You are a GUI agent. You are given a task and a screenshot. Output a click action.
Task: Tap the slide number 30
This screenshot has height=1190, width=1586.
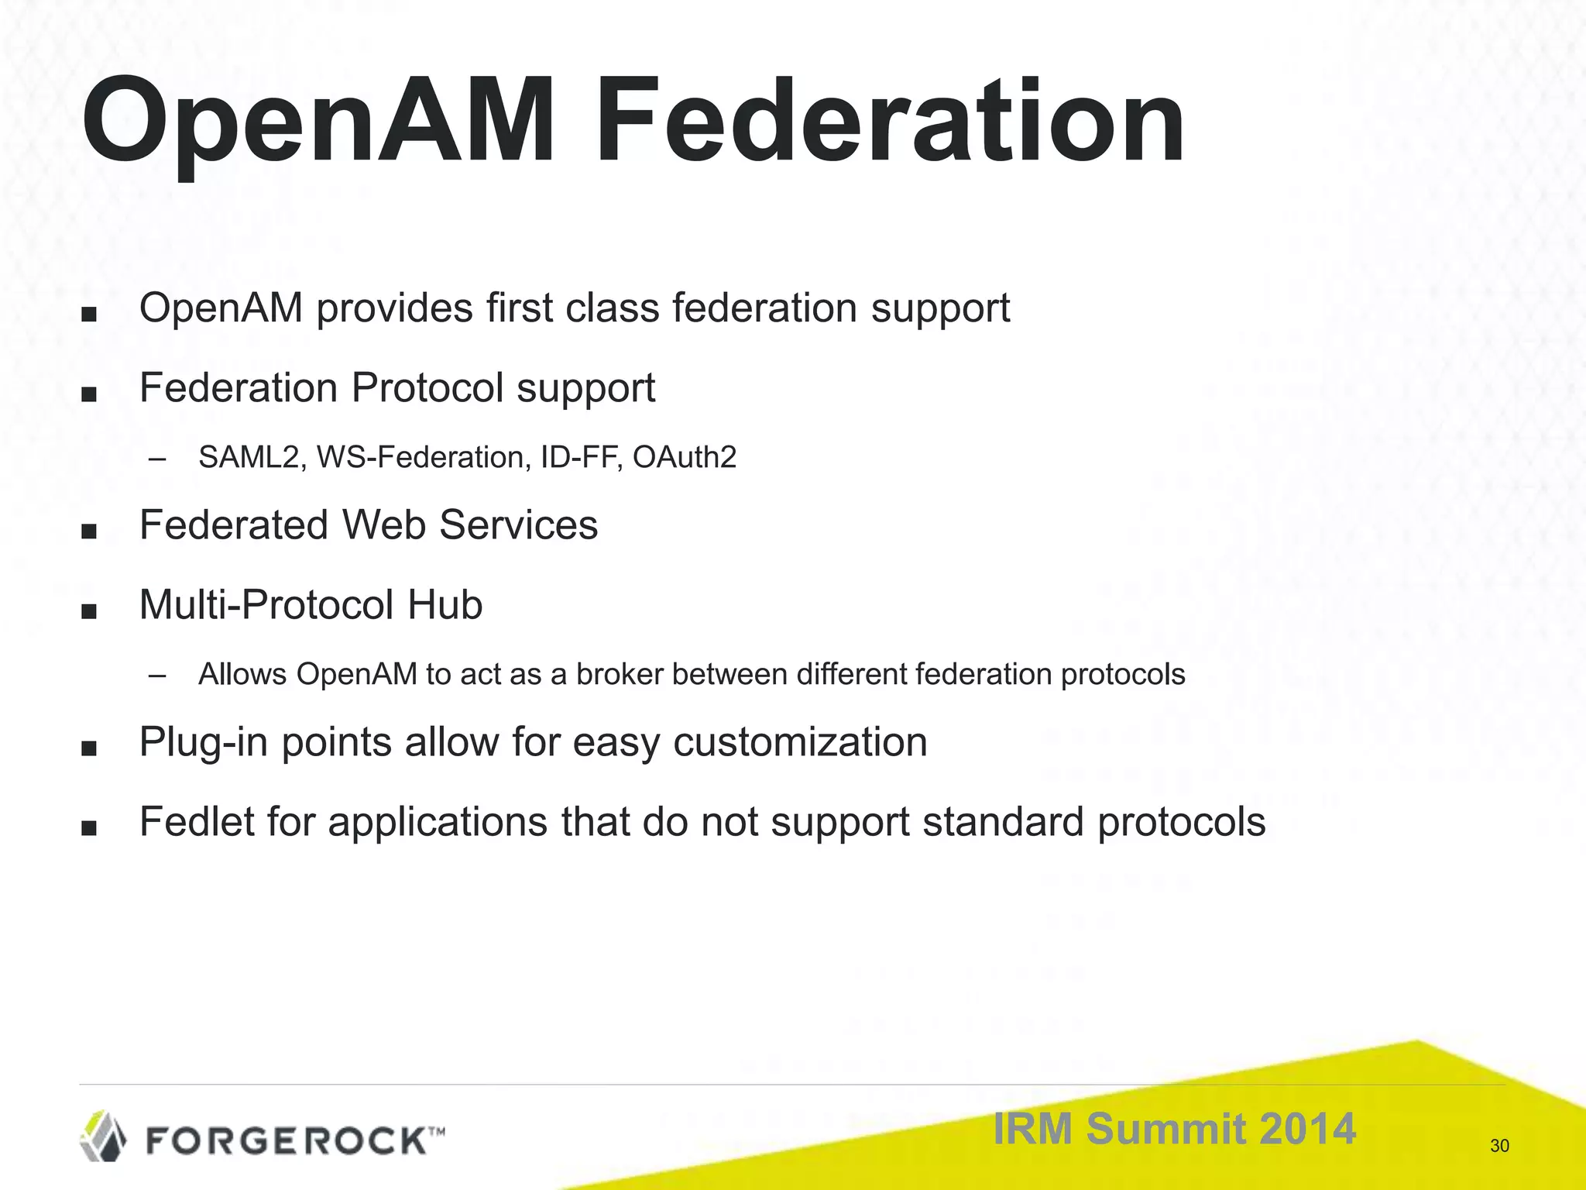pyautogui.click(x=1499, y=1146)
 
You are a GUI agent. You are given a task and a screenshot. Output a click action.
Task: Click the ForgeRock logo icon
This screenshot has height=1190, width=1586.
pyautogui.click(x=104, y=1136)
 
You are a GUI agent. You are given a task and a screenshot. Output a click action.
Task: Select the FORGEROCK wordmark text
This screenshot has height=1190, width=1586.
pyautogui.click(x=287, y=1141)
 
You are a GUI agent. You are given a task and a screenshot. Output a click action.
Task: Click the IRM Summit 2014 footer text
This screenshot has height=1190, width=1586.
pyautogui.click(x=1174, y=1128)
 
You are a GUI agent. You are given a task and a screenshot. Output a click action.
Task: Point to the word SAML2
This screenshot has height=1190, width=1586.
pyautogui.click(x=248, y=457)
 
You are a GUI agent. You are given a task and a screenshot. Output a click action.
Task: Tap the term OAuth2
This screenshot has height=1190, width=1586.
pyautogui.click(x=684, y=457)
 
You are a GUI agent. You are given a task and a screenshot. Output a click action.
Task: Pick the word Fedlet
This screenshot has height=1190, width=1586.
pyautogui.click(x=196, y=821)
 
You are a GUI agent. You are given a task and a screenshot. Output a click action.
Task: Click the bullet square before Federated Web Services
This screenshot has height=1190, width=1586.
pyautogui.click(x=89, y=531)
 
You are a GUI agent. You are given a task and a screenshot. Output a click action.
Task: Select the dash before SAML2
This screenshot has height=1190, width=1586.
pyautogui.click(x=157, y=459)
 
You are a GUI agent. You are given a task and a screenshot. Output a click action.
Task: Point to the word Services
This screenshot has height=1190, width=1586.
pyautogui.click(x=518, y=524)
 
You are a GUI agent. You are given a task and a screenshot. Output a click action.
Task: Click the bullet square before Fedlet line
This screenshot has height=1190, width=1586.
pyautogui.click(x=89, y=828)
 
